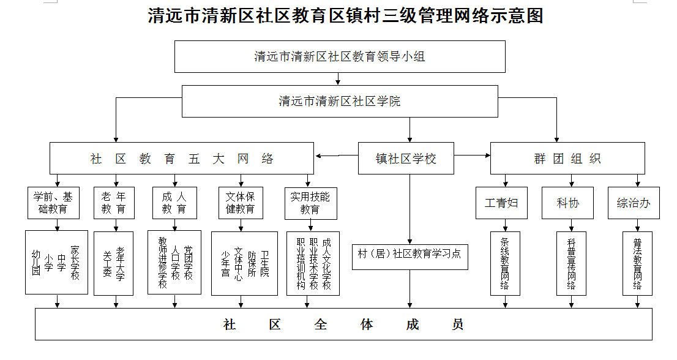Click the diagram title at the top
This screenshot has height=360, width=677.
(x=345, y=16)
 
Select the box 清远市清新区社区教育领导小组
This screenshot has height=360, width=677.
(x=340, y=56)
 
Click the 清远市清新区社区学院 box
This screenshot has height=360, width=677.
(x=340, y=101)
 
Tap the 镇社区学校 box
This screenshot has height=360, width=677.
(x=406, y=159)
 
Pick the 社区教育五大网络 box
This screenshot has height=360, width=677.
(x=182, y=159)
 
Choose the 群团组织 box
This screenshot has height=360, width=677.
(x=567, y=159)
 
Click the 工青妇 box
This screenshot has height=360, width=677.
(x=501, y=203)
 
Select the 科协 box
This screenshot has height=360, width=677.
(x=568, y=203)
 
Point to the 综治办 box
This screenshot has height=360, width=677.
(x=634, y=203)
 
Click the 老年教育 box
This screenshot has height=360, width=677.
(x=114, y=203)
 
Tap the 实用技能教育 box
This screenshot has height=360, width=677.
(x=311, y=203)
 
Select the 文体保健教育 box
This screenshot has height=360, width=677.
(x=241, y=203)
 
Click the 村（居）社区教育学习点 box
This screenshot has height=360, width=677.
(x=410, y=257)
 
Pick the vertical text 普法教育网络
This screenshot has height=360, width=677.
(x=637, y=264)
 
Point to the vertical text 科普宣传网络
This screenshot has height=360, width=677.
(x=571, y=264)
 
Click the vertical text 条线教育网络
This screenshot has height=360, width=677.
(x=505, y=264)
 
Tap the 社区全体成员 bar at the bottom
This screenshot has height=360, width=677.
(x=343, y=324)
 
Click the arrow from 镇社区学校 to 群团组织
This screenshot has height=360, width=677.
(x=472, y=156)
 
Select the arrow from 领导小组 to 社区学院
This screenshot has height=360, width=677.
(x=338, y=78)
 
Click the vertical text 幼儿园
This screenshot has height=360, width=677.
(x=36, y=263)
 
